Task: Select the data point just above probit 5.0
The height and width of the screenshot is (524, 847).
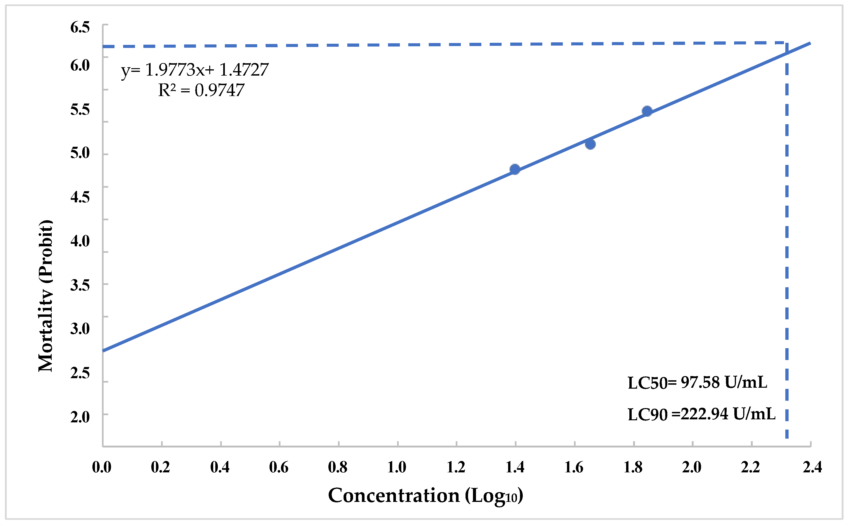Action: (590, 144)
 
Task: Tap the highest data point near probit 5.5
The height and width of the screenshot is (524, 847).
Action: (647, 111)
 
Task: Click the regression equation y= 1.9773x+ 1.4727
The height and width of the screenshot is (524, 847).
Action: (195, 70)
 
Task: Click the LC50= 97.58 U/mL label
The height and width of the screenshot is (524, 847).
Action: (698, 383)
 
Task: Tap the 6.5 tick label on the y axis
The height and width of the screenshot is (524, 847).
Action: (80, 28)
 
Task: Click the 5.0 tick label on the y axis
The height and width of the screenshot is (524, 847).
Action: (80, 153)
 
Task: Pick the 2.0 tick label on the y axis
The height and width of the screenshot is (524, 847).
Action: (80, 417)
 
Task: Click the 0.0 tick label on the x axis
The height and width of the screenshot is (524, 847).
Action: (102, 467)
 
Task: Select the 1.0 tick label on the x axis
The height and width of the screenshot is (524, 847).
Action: (397, 467)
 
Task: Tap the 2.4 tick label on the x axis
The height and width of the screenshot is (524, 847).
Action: (812, 467)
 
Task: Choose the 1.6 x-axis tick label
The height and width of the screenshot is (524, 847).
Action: (574, 467)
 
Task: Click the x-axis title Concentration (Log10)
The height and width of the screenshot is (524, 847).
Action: (425, 496)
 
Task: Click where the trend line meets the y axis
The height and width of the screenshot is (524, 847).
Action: (103, 351)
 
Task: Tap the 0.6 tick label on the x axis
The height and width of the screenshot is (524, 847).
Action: (279, 467)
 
